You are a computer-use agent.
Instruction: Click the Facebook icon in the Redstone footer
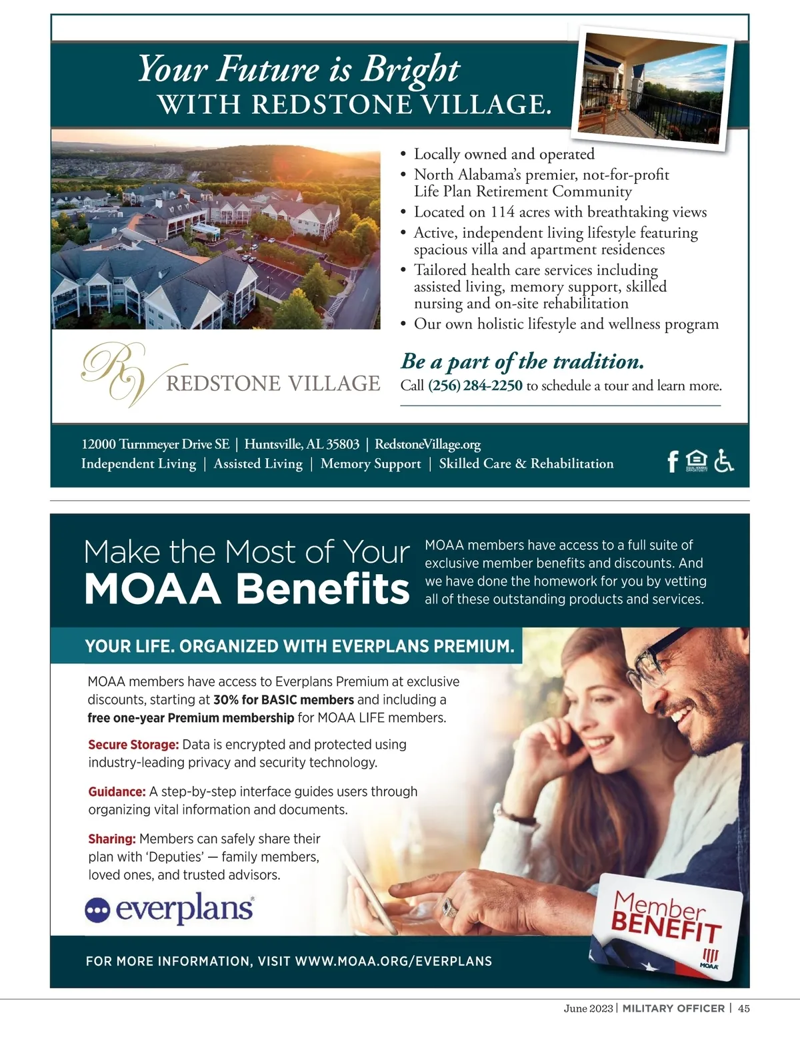[673, 461]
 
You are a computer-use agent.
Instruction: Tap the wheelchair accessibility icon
[723, 460]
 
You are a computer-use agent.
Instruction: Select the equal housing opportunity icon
[697, 460]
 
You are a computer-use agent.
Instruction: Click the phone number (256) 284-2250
[475, 386]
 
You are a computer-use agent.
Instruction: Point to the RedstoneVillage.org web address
[427, 444]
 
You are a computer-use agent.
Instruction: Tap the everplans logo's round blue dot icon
[97, 910]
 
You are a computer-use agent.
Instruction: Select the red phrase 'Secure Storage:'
[133, 745]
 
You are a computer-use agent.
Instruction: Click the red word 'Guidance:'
[117, 792]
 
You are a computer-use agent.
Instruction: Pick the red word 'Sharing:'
[112, 839]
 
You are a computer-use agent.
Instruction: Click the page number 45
[743, 1008]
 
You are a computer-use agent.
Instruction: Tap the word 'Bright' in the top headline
[410, 70]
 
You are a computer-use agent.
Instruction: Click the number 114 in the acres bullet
[503, 212]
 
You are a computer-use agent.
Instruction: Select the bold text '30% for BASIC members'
[283, 700]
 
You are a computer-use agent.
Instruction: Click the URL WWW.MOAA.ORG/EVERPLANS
[393, 961]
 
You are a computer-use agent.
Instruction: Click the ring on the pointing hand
[450, 907]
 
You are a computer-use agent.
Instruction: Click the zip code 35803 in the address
[342, 444]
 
